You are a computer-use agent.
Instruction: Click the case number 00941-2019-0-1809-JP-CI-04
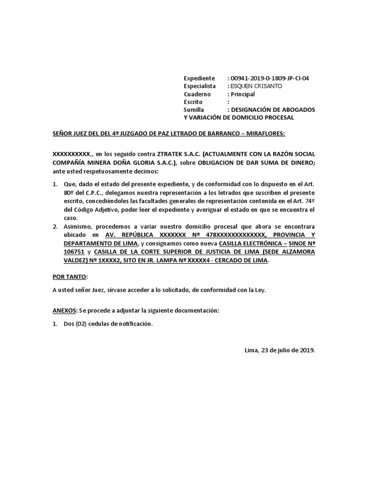pos(270,78)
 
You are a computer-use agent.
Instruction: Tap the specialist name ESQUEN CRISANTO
pos(256,86)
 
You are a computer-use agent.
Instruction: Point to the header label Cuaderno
pos(196,94)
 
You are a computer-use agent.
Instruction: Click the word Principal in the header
pos(243,94)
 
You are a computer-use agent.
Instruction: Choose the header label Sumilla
pos(194,110)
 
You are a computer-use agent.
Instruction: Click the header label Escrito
pos(193,102)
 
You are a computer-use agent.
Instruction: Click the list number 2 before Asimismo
pos(55,226)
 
